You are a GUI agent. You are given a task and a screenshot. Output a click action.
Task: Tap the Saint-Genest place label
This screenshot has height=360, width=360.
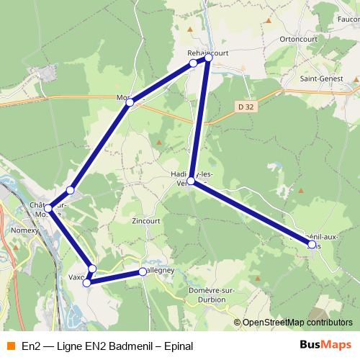pyautogui.click(x=321, y=78)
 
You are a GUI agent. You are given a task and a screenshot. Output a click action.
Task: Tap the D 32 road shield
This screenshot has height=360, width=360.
pyautogui.click(x=246, y=107)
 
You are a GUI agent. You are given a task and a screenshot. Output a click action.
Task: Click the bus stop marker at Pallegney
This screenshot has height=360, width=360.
pyautogui.click(x=143, y=272)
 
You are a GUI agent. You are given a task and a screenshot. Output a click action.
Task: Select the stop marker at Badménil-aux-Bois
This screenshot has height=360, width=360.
pyautogui.click(x=311, y=245)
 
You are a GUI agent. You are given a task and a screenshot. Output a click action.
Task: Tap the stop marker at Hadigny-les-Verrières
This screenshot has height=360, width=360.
pyautogui.click(x=192, y=181)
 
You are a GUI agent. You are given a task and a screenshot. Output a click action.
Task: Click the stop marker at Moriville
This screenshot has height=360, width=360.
pyautogui.click(x=130, y=103)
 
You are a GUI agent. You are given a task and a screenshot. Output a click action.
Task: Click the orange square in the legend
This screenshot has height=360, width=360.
pyautogui.click(x=10, y=346)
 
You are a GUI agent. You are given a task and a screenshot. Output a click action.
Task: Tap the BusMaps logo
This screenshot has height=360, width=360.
pyautogui.click(x=320, y=345)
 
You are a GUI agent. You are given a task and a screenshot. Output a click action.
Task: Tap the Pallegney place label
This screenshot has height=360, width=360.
pyautogui.click(x=160, y=271)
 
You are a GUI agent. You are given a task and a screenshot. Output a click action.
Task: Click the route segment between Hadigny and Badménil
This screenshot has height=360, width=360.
pyautogui.click(x=251, y=213)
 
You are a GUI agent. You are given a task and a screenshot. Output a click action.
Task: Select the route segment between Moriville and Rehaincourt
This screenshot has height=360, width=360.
pyautogui.click(x=161, y=83)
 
